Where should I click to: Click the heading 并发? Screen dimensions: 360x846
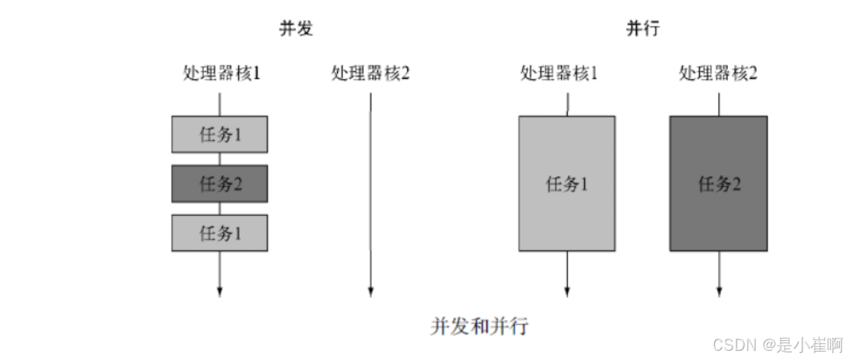[296, 29]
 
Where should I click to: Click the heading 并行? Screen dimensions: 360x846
[643, 29]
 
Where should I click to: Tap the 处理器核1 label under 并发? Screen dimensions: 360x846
[221, 74]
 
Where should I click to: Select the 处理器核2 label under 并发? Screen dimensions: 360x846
[371, 74]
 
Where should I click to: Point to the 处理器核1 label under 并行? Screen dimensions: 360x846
[559, 74]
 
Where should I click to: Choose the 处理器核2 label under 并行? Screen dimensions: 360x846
[718, 74]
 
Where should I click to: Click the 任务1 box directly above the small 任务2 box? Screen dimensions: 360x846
[220, 135]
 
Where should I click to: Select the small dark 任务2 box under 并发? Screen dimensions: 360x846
[220, 184]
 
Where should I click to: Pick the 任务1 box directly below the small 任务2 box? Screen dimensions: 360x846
[220, 233]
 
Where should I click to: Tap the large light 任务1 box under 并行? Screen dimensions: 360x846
[566, 184]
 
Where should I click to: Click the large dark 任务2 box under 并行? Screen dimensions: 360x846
[718, 184]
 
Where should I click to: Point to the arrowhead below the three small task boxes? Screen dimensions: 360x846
[220, 291]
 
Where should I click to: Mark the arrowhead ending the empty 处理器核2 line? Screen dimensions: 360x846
[371, 291]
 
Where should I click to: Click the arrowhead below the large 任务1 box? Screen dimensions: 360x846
[567, 291]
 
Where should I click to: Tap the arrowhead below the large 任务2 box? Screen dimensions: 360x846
[719, 291]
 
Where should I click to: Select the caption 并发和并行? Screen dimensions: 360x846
[479, 326]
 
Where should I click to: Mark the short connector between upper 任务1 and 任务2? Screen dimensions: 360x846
[220, 159]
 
